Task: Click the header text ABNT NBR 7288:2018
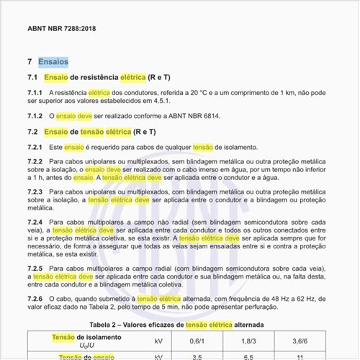click(60, 30)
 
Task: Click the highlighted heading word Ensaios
click(53, 62)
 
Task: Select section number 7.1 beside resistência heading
click(32, 76)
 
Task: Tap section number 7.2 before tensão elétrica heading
click(32, 132)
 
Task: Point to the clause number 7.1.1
click(35, 93)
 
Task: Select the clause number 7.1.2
click(35, 115)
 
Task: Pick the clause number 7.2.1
click(35, 147)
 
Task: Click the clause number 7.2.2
click(35, 161)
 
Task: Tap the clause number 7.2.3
click(35, 192)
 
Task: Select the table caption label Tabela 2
click(108, 325)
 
